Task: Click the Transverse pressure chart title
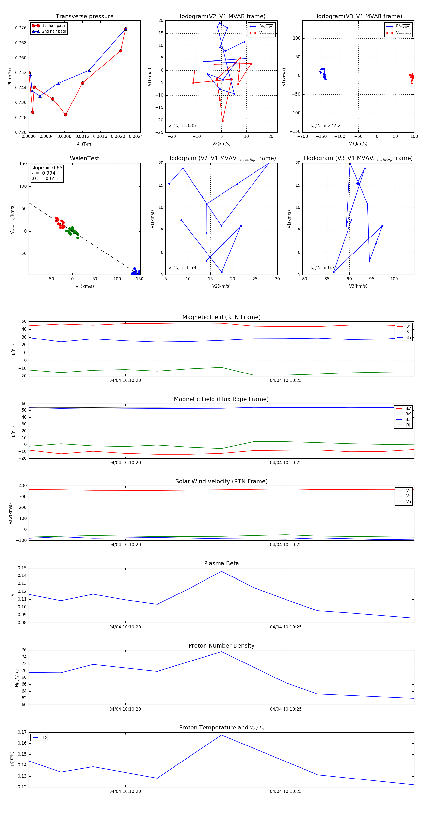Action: pyautogui.click(x=84, y=17)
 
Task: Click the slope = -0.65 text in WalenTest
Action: pyautogui.click(x=47, y=168)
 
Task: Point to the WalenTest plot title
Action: pyautogui.click(x=84, y=158)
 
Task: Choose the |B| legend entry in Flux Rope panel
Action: pyautogui.click(x=407, y=425)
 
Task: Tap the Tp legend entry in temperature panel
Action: pyautogui.click(x=44, y=737)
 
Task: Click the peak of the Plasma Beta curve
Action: pyautogui.click(x=221, y=571)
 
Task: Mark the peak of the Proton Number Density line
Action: pyautogui.click(x=221, y=652)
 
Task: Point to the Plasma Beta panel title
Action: pyautogui.click(x=221, y=564)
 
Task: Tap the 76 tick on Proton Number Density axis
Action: pyautogui.click(x=24, y=650)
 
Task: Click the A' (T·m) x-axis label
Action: pyautogui.click(x=84, y=144)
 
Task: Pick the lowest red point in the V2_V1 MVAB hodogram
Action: pyautogui.click(x=222, y=121)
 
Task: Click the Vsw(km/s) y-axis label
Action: pyautogui.click(x=10, y=513)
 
